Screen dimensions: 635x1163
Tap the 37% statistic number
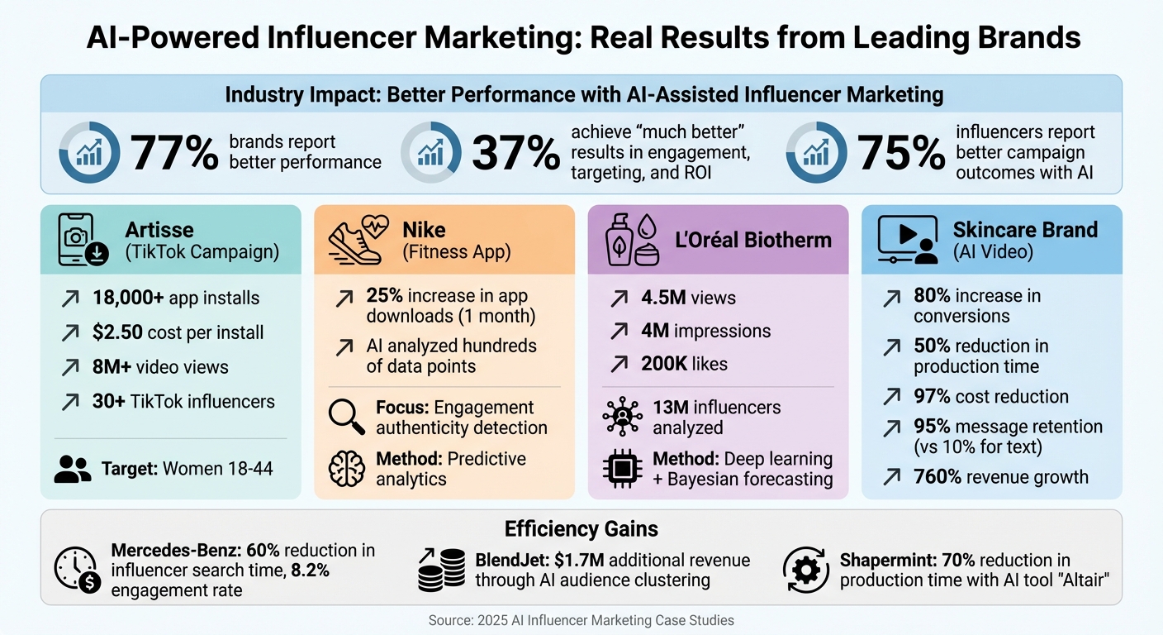(x=515, y=153)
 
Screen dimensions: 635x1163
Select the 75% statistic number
(x=900, y=153)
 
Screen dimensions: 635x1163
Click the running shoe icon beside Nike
(x=356, y=240)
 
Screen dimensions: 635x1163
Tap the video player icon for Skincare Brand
(x=907, y=240)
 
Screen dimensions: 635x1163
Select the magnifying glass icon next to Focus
(x=346, y=417)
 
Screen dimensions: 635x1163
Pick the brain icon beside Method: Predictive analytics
(x=346, y=469)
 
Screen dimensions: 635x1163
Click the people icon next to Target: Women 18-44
(x=73, y=469)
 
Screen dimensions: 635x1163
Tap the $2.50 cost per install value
(x=119, y=332)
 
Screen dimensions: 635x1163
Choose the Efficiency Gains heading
(x=581, y=529)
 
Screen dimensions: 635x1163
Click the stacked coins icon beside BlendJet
(x=441, y=571)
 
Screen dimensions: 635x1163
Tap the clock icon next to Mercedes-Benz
(x=76, y=571)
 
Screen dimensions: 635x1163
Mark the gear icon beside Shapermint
(x=805, y=571)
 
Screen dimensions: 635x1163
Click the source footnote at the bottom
(x=581, y=620)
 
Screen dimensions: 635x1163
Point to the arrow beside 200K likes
(x=618, y=364)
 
